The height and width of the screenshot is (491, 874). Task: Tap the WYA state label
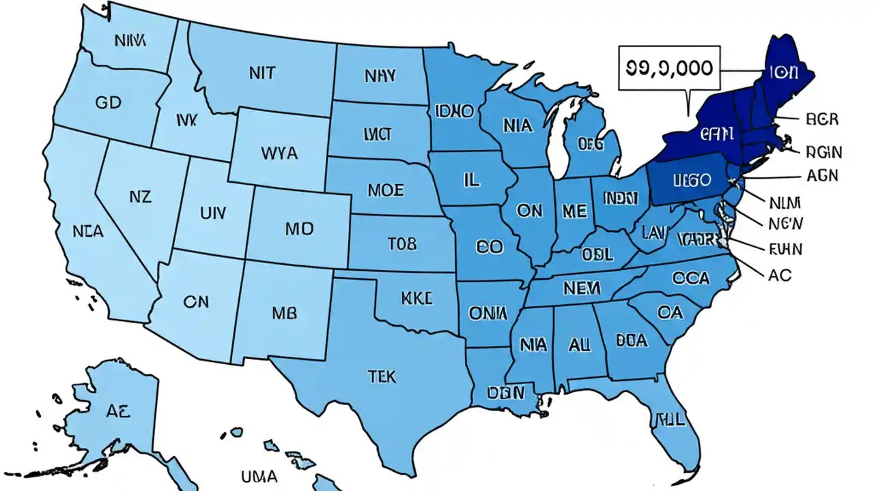[279, 153]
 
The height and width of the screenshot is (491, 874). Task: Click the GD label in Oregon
[108, 103]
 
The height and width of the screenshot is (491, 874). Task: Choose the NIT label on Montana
[262, 73]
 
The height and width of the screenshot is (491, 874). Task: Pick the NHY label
[380, 75]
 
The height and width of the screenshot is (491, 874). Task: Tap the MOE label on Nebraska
[385, 190]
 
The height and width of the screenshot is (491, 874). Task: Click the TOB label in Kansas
[401, 244]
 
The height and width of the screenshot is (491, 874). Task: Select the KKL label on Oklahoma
[417, 298]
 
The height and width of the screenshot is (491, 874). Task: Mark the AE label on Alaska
[117, 411]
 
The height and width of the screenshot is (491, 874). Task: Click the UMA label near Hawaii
[259, 476]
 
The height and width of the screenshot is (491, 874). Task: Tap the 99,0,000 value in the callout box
[668, 67]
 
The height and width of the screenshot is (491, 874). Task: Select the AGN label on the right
[822, 175]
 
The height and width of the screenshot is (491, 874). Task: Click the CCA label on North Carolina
[690, 278]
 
